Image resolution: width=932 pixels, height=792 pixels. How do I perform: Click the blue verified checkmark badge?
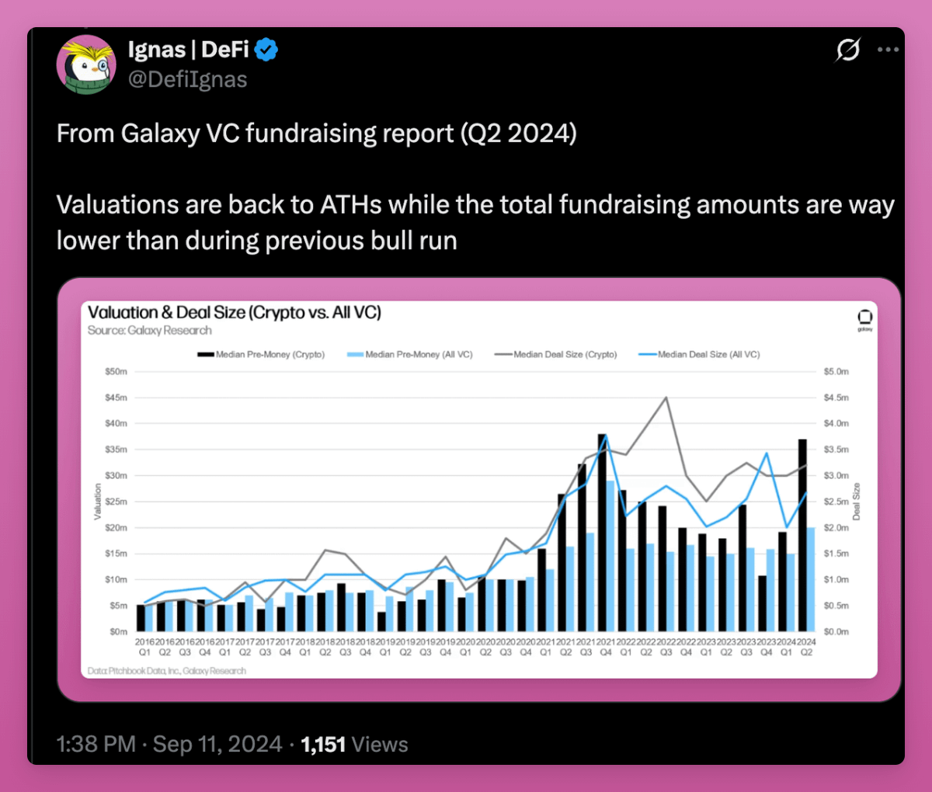(x=266, y=50)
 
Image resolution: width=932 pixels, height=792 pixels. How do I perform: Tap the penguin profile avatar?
(x=86, y=64)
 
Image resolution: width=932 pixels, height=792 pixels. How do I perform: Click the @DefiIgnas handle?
(x=187, y=79)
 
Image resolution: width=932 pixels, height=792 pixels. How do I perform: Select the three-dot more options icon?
(x=888, y=50)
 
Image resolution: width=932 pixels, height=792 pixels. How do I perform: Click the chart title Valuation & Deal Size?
(x=234, y=312)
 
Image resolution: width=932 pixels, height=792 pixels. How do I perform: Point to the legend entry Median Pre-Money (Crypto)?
(x=262, y=354)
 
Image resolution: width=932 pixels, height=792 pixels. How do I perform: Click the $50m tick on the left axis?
(x=116, y=372)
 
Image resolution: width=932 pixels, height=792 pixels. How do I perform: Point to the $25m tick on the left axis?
(x=116, y=502)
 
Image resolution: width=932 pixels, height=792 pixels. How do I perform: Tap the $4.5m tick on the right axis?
(x=836, y=398)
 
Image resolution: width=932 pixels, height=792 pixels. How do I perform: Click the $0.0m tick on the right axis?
(x=836, y=631)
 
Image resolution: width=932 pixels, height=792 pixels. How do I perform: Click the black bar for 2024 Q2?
(x=802, y=536)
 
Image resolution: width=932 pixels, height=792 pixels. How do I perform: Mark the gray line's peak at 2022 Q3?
(x=666, y=398)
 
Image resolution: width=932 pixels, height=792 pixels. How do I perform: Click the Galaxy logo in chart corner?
(x=864, y=318)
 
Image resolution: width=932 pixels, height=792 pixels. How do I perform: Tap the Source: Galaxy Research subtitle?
(x=149, y=331)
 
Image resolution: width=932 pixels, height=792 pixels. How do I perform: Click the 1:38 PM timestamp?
(x=96, y=744)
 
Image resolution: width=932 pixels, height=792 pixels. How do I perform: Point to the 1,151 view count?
(x=323, y=744)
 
